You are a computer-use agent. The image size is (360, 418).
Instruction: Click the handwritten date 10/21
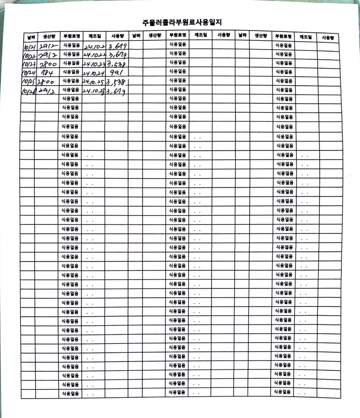(x=29, y=47)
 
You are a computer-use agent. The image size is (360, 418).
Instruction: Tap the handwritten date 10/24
(x=28, y=73)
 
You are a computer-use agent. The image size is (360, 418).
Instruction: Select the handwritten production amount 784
(x=47, y=73)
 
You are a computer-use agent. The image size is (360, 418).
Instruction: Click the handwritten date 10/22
(x=29, y=56)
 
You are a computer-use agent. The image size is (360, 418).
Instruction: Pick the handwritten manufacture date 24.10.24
(x=93, y=73)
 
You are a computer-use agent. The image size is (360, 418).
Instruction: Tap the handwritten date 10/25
(x=29, y=82)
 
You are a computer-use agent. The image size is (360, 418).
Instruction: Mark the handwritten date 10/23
(x=29, y=64)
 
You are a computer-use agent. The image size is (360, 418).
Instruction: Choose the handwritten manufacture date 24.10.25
(x=93, y=82)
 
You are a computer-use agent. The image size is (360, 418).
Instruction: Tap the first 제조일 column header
(x=94, y=36)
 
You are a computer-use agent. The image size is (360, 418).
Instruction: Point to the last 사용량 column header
(x=329, y=37)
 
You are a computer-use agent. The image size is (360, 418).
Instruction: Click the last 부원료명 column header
(x=283, y=36)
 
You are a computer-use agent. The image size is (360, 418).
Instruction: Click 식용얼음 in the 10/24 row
(x=71, y=72)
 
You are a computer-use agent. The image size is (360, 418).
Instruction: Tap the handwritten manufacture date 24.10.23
(x=93, y=64)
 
